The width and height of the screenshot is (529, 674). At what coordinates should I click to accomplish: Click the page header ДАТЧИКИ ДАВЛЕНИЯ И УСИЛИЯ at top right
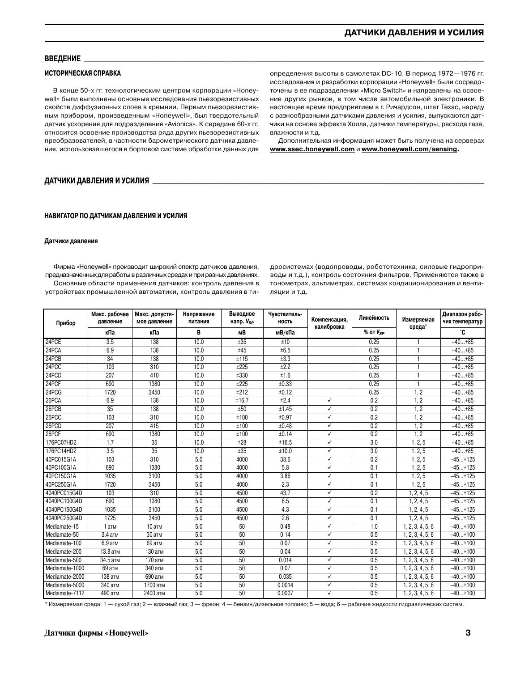414,33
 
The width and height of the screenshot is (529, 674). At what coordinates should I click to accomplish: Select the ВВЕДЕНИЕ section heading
62,59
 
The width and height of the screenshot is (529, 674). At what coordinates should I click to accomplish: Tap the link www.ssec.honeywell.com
312,149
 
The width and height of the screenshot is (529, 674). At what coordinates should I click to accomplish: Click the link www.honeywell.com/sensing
409,149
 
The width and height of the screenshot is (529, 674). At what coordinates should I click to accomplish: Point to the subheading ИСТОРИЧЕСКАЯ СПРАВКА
82,73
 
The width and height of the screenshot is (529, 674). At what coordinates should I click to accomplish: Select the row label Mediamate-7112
65,594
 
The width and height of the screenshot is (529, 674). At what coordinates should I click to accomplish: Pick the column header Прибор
66,323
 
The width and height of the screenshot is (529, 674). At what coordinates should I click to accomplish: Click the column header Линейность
374,318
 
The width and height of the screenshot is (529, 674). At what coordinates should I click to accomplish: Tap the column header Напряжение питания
199,318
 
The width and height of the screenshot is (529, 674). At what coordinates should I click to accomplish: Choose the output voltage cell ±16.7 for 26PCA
242,401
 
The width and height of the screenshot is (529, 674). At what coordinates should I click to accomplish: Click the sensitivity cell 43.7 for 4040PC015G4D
285,493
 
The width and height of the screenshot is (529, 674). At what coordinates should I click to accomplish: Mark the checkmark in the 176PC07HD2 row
329,443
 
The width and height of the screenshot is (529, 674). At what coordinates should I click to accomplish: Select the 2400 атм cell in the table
154,594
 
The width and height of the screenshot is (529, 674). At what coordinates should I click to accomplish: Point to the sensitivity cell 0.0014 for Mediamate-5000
285,585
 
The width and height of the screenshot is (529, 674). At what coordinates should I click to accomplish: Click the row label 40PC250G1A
61,485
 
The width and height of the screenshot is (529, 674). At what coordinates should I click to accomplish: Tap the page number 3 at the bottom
468,633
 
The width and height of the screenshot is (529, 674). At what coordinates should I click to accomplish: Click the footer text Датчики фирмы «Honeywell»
97,633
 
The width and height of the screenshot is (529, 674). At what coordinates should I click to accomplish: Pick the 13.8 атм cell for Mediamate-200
110,552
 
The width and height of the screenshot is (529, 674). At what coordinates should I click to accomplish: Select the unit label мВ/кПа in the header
285,333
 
